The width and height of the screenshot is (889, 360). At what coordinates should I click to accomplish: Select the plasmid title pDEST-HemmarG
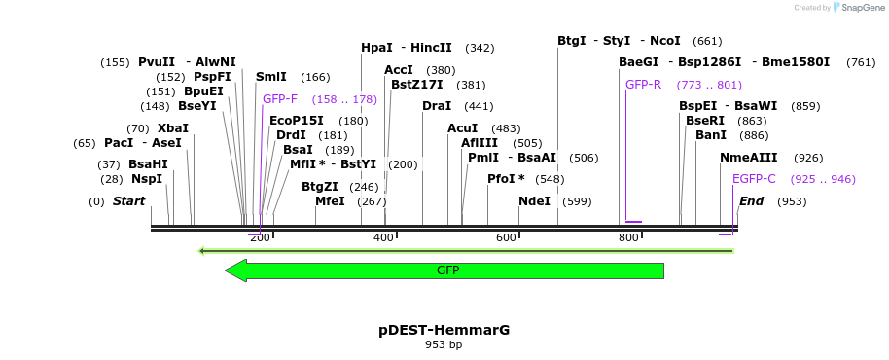coord(444,330)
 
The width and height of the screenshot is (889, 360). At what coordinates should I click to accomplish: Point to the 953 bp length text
coord(444,344)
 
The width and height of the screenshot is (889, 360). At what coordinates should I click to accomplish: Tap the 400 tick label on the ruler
coord(383,238)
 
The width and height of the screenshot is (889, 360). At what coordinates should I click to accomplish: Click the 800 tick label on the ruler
coord(627,238)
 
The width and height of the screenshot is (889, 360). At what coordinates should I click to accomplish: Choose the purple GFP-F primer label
coord(280,99)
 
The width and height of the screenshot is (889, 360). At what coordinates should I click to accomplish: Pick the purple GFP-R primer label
coord(643,85)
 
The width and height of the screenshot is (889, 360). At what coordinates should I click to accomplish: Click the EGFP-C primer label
coord(754,179)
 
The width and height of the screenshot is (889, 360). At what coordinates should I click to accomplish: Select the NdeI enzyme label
coord(534,201)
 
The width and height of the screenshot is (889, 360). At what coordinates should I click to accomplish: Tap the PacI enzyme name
coord(119,143)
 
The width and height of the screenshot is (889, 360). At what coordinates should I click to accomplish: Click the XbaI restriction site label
coord(172,128)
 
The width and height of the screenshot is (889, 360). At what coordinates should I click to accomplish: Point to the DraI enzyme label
coord(437,106)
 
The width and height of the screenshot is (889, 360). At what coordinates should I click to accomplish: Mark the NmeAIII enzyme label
coord(748,158)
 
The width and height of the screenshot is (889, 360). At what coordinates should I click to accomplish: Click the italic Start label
coord(128,201)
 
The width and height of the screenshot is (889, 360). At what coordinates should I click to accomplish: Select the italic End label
coord(751,201)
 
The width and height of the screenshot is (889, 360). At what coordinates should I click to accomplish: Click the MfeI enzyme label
coord(330,201)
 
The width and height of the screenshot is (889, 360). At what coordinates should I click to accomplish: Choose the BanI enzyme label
coord(711,135)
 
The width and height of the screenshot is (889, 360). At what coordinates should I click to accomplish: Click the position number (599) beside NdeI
coord(577,201)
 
